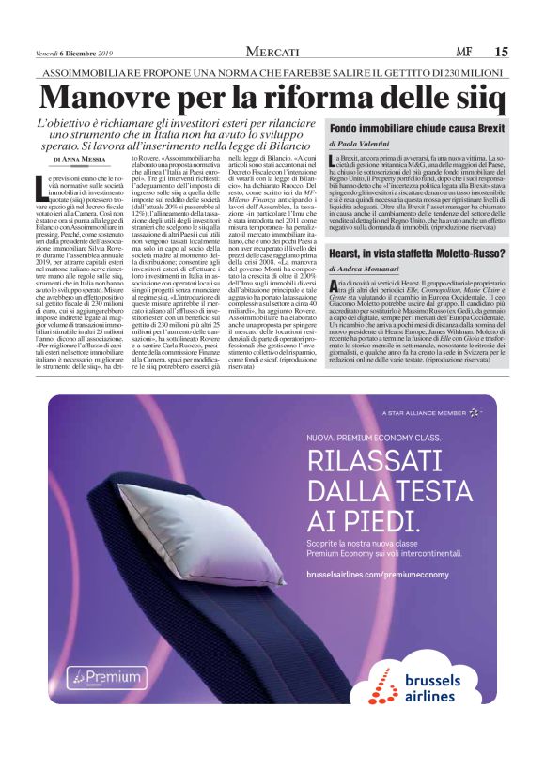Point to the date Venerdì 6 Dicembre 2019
[74, 52]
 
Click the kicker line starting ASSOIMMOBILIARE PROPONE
[272, 72]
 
